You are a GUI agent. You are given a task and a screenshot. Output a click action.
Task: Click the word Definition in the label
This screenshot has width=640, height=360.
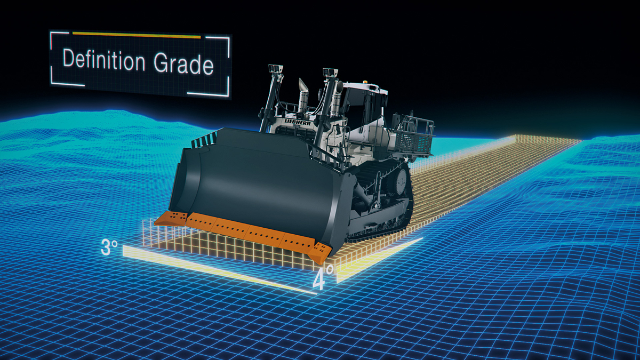point(104,60)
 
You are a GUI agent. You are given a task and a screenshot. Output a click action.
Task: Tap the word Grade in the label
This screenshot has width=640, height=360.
point(183,63)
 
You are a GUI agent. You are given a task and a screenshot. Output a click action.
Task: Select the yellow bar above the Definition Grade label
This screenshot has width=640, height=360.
point(137,35)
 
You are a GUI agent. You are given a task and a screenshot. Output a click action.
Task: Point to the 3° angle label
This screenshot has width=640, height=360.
point(109,247)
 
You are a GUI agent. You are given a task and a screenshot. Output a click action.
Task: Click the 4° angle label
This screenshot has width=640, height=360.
point(323,277)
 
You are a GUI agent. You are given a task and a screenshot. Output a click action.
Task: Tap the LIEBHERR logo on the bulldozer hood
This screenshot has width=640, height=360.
point(298,122)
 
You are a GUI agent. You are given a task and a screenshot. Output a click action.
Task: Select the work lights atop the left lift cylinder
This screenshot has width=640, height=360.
point(275,69)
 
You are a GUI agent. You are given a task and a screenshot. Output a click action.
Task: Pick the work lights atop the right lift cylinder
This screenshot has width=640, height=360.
point(330,73)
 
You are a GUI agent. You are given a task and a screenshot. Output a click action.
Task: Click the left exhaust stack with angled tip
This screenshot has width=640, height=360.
point(303,95)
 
